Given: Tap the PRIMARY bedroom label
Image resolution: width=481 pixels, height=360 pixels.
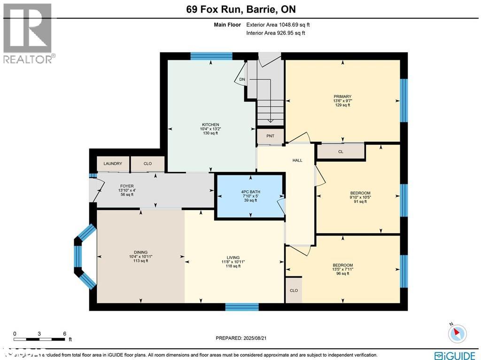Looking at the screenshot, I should [342, 96].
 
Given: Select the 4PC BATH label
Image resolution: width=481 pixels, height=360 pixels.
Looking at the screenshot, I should [250, 192].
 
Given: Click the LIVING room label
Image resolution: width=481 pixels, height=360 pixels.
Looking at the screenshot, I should [233, 258].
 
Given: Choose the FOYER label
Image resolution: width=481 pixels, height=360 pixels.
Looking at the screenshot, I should [127, 186].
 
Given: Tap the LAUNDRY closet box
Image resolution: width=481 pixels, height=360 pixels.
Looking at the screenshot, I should [113, 164].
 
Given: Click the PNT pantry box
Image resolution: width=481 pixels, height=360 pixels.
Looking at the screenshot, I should [270, 136].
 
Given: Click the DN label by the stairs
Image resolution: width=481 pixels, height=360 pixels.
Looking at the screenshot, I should [242, 79].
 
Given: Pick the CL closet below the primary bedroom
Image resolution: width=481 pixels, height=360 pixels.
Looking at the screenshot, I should [341, 152].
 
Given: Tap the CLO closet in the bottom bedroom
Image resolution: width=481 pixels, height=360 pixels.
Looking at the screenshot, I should [294, 290].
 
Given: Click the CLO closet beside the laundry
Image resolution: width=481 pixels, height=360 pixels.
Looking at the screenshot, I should [147, 164].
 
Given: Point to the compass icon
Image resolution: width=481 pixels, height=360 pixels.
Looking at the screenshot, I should [456, 333].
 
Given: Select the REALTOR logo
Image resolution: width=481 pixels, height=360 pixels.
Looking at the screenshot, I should [28, 33].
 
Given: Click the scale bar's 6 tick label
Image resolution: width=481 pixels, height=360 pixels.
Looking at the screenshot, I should [64, 334].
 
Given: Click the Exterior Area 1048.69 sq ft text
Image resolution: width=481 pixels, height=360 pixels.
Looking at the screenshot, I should [278, 25].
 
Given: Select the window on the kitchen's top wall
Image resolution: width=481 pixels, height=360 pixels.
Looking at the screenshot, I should [211, 56].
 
